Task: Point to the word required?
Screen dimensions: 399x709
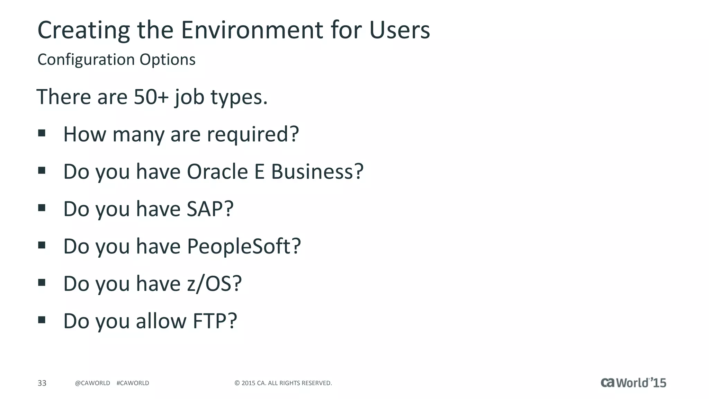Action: pyautogui.click(x=253, y=134)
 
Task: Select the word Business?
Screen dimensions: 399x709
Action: pyautogui.click(x=317, y=171)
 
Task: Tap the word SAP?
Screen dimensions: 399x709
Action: pyautogui.click(x=210, y=209)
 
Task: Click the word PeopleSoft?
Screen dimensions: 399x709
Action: pyautogui.click(x=244, y=246)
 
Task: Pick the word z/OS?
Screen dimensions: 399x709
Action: pyautogui.click(x=214, y=284)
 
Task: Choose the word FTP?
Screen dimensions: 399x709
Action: pyautogui.click(x=215, y=321)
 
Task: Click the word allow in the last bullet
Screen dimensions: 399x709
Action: pyautogui.click(x=161, y=321)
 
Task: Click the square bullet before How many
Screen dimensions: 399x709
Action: pyautogui.click(x=42, y=133)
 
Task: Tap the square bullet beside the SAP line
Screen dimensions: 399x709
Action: pyautogui.click(x=42, y=208)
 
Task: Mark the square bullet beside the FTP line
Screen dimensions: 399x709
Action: pyautogui.click(x=42, y=320)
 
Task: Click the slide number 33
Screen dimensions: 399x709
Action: pyautogui.click(x=42, y=383)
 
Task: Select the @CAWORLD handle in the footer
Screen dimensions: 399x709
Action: pyautogui.click(x=92, y=383)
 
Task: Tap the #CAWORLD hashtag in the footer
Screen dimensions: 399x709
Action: pyautogui.click(x=133, y=383)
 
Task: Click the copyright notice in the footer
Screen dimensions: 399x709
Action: pyautogui.click(x=283, y=383)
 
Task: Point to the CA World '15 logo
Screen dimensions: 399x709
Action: pyautogui.click(x=633, y=382)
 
